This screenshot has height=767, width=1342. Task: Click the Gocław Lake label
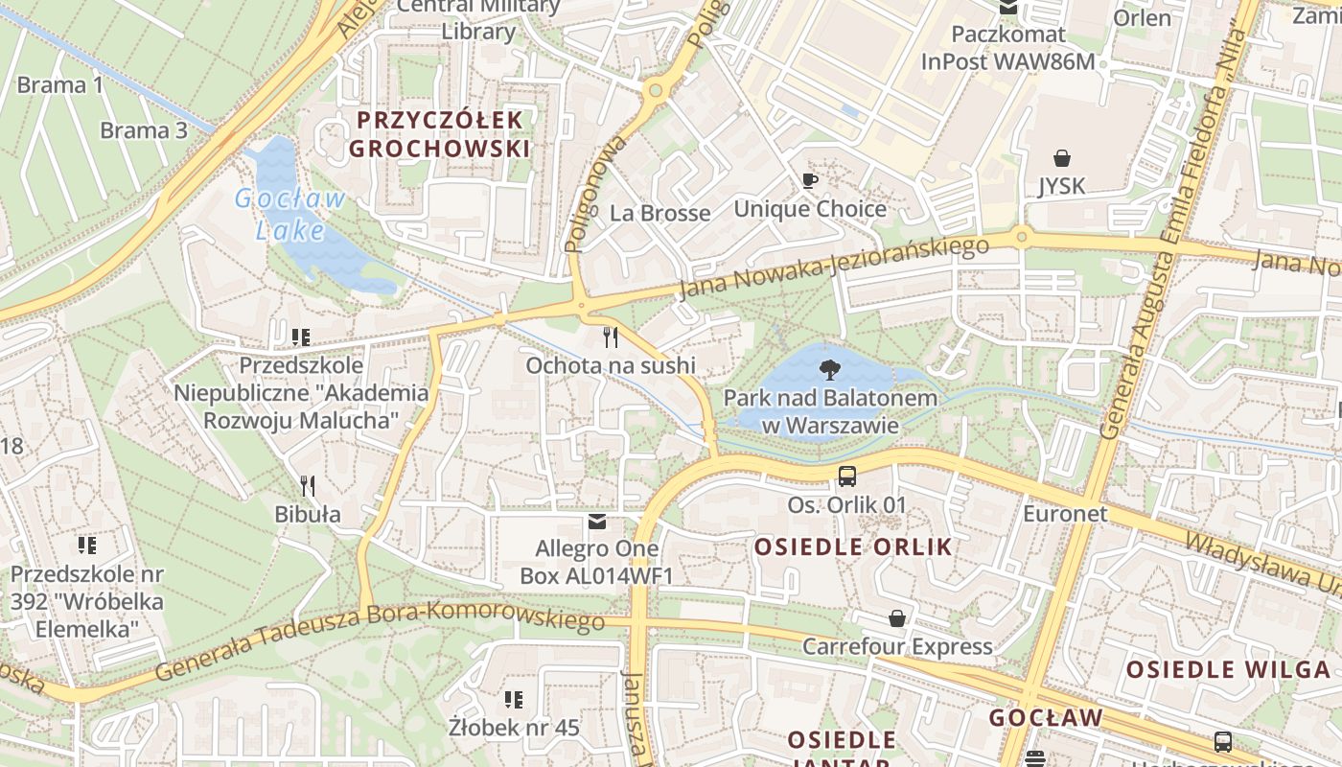[x=290, y=215]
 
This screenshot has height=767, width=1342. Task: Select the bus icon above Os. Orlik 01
[x=846, y=476]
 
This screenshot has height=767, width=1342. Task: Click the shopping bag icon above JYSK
[x=1061, y=157]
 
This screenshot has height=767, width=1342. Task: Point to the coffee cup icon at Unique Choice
[x=810, y=180]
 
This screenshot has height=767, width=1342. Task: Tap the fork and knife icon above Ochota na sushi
[x=610, y=337]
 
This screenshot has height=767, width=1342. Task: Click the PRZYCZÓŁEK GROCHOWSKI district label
[x=439, y=134]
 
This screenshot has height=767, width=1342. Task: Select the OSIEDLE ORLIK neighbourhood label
[x=853, y=547]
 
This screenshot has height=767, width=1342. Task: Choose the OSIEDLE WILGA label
[x=1228, y=669]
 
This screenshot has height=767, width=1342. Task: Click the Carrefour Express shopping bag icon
[x=897, y=618]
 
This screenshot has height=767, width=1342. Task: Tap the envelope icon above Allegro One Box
[x=597, y=522]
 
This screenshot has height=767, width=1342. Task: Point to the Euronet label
[x=1065, y=513]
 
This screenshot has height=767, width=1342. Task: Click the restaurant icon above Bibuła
[x=308, y=485]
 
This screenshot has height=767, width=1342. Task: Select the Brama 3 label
[x=144, y=130]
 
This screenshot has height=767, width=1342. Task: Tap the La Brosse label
[x=660, y=213]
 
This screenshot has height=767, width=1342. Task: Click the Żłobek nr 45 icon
[x=514, y=700]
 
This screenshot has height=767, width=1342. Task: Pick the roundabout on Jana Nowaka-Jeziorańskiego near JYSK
[x=1022, y=236]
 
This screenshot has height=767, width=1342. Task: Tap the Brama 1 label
[x=59, y=84]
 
